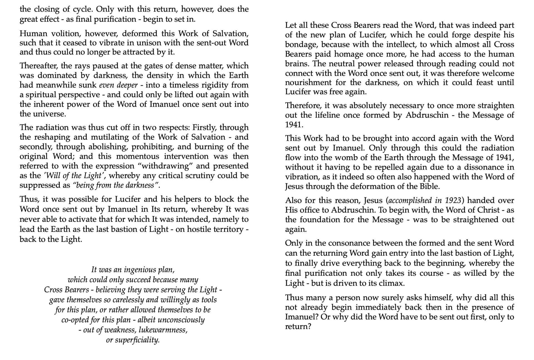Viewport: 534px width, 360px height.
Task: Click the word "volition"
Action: pyautogui.click(x=65, y=34)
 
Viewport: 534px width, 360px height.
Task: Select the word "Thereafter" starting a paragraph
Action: pyautogui.click(x=37, y=66)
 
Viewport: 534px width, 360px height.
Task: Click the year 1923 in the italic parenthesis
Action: pyautogui.click(x=453, y=200)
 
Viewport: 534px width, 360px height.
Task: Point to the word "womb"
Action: pyautogui.click(x=346, y=158)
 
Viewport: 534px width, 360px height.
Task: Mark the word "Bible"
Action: pyautogui.click(x=429, y=186)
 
